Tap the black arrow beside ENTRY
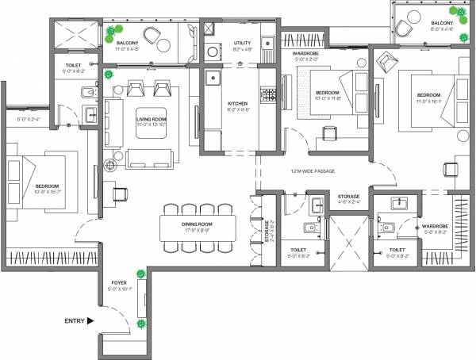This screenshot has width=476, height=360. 90,321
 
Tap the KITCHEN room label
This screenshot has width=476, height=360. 239,105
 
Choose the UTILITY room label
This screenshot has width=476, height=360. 243,46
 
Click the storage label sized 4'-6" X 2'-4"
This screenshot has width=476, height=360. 348,199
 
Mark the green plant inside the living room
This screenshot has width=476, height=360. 109,74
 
